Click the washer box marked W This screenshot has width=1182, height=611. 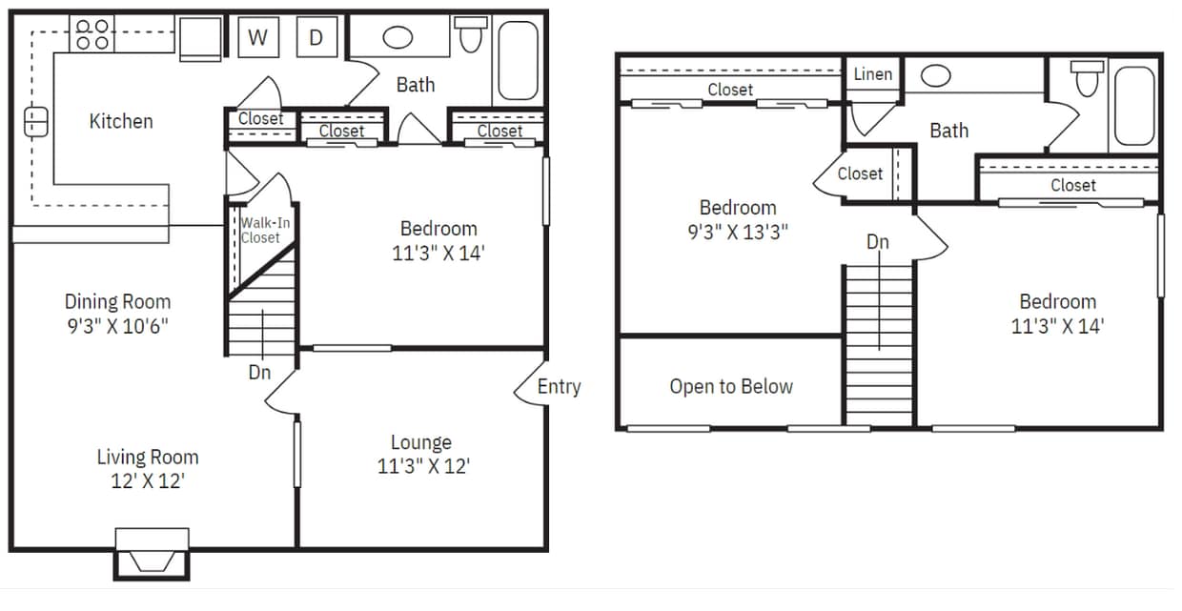pyautogui.click(x=257, y=38)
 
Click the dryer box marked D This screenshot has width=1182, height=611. pyautogui.click(x=316, y=38)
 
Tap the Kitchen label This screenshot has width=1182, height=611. pyautogui.click(x=121, y=121)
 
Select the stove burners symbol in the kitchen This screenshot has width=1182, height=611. pyautogui.click(x=92, y=34)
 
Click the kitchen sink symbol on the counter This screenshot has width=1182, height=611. pyautogui.click(x=35, y=121)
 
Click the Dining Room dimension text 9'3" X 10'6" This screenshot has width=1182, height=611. pyautogui.click(x=118, y=325)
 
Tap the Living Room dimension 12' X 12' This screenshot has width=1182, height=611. pyautogui.click(x=148, y=480)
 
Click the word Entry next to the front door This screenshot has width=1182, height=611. pyautogui.click(x=559, y=386)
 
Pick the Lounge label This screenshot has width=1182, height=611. pyautogui.click(x=420, y=442)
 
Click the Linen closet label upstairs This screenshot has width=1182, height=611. pyautogui.click(x=873, y=73)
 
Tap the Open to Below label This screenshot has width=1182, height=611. pyautogui.click(x=731, y=386)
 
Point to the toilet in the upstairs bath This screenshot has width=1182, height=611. pyautogui.click(x=1088, y=78)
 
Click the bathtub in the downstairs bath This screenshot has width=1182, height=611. pyautogui.click(x=519, y=60)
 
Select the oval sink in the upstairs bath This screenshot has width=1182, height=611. pyautogui.click(x=936, y=75)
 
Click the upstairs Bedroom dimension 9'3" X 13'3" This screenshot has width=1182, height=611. pyautogui.click(x=738, y=232)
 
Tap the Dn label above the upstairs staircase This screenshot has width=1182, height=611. pyautogui.click(x=878, y=242)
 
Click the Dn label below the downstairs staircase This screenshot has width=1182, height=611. pyautogui.click(x=259, y=373)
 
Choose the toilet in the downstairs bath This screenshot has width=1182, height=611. pyautogui.click(x=470, y=35)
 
